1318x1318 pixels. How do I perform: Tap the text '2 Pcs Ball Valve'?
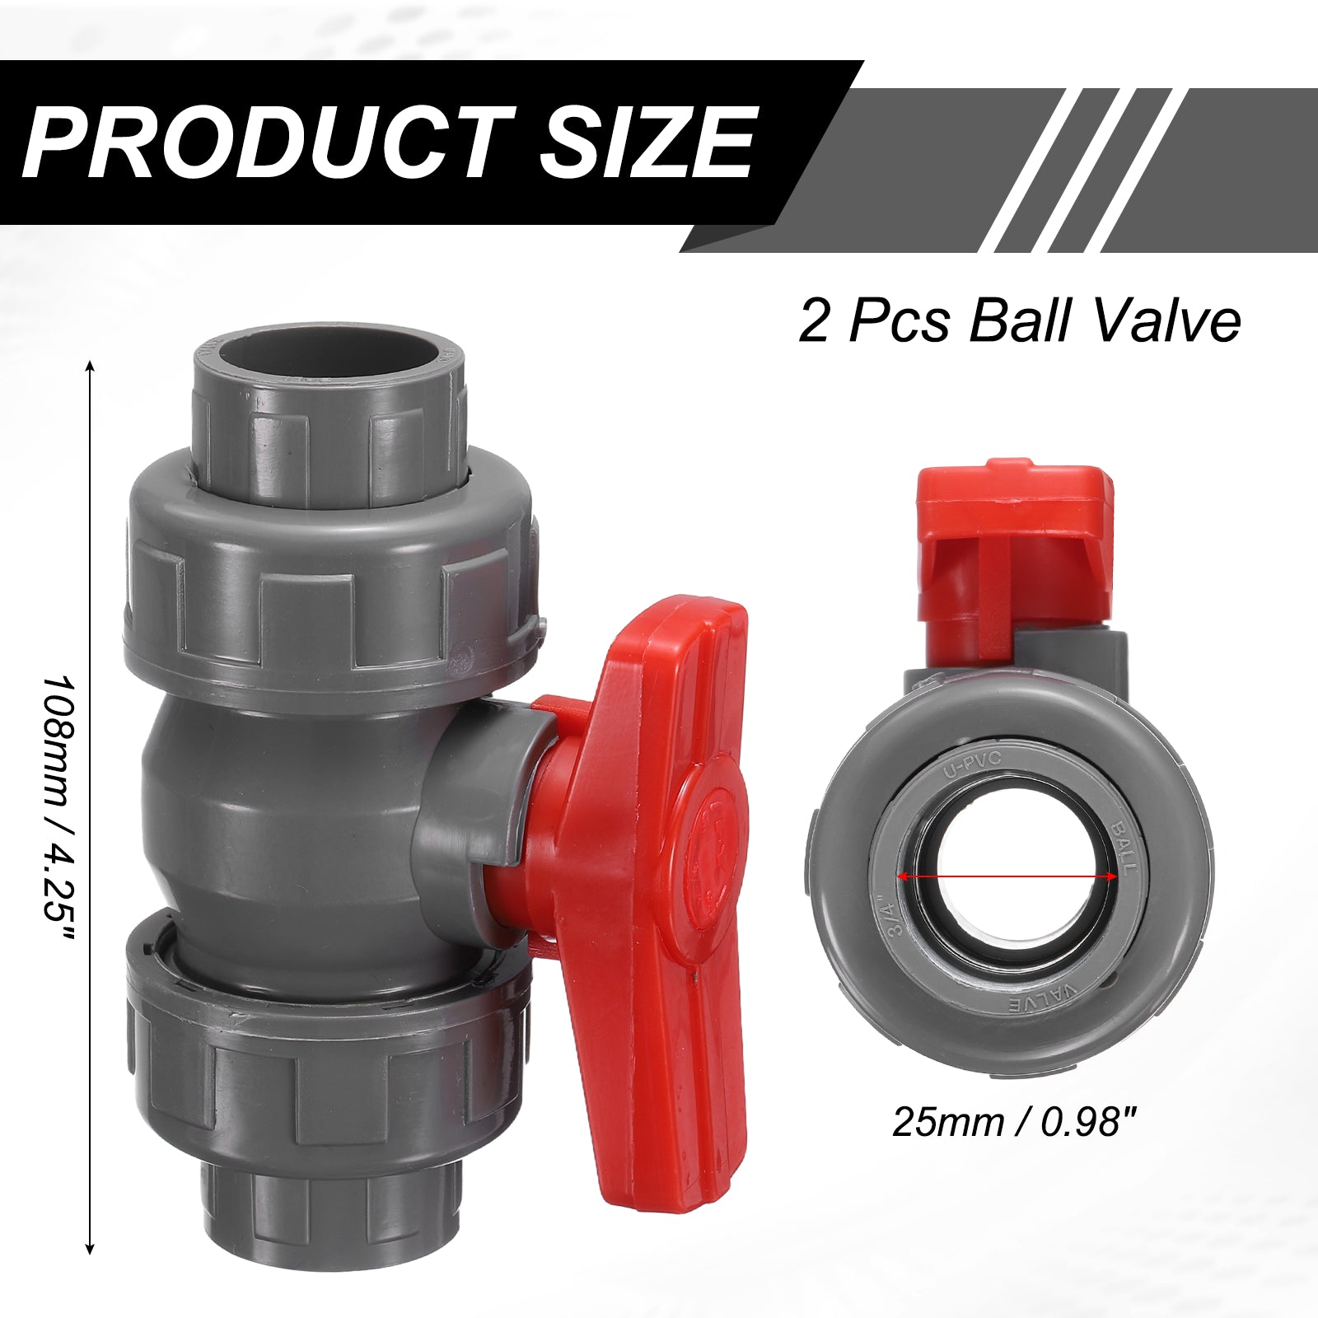1020,320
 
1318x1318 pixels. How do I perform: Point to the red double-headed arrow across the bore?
1007,876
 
